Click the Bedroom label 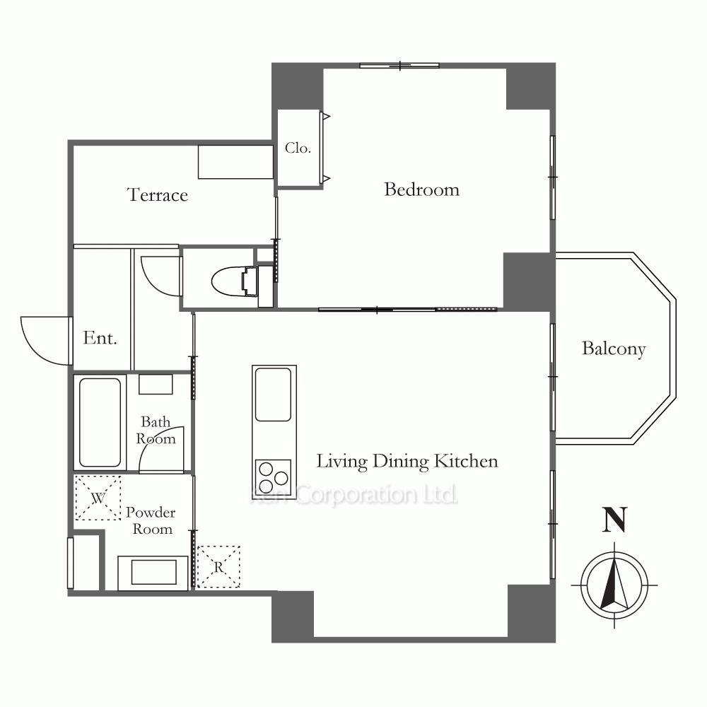tap(421, 189)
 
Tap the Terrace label tap(158, 195)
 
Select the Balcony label tap(614, 349)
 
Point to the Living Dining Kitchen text tap(407, 462)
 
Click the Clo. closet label tap(298, 148)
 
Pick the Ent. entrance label tap(100, 338)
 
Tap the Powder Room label tap(151, 520)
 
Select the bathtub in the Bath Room tap(100, 422)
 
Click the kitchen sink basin tap(273, 395)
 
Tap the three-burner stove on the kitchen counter tap(273, 477)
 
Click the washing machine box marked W tap(98, 498)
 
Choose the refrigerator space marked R tap(218, 567)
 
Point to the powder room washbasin tap(153, 572)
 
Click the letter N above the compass tap(614, 520)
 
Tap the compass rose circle tap(614, 553)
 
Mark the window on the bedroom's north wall tap(399, 66)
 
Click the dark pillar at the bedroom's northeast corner tap(531, 86)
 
